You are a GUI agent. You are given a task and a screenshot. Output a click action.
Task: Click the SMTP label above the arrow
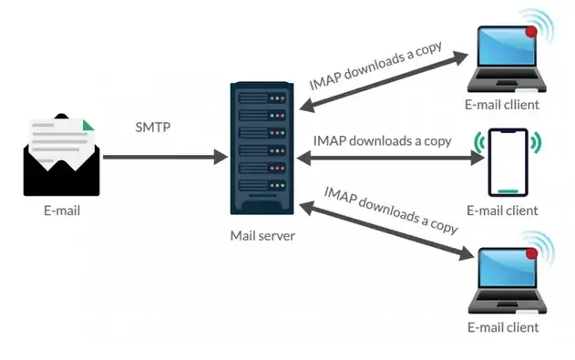click(x=153, y=128)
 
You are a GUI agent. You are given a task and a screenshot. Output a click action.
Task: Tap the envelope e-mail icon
click(x=61, y=155)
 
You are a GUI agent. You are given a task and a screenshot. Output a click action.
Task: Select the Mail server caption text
click(x=262, y=236)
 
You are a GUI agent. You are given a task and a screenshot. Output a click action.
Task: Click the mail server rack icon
click(x=262, y=149)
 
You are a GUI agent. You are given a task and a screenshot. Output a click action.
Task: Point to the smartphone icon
click(x=508, y=162)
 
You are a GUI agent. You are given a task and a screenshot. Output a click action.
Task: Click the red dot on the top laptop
click(x=531, y=32)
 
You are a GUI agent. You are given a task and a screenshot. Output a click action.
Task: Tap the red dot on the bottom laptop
click(x=531, y=253)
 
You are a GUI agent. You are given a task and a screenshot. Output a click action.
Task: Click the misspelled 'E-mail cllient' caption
click(x=502, y=105)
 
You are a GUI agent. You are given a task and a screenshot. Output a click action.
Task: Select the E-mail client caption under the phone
click(x=502, y=211)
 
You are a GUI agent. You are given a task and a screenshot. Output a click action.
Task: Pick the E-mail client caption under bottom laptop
click(x=503, y=327)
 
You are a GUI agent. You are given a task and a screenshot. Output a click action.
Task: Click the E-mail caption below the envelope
click(x=62, y=211)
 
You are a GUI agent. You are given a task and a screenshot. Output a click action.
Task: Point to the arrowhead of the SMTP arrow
click(x=221, y=157)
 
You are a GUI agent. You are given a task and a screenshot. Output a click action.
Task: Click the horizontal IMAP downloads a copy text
click(x=382, y=141)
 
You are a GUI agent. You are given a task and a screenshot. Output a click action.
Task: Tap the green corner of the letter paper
click(x=87, y=126)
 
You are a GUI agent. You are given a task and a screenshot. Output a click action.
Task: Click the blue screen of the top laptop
click(x=507, y=46)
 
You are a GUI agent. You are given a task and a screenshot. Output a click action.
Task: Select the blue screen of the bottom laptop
click(x=508, y=268)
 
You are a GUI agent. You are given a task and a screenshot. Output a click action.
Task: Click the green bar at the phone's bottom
click(x=508, y=191)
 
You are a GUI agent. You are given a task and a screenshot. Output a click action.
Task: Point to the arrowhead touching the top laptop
click(x=461, y=57)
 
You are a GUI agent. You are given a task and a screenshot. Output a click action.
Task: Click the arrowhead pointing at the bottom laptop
click(x=467, y=253)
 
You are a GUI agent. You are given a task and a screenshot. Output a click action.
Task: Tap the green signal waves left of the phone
click(x=478, y=142)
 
